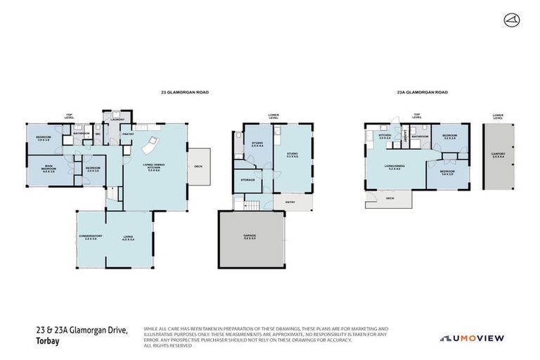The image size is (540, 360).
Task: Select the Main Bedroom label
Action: pyautogui.click(x=48, y=169)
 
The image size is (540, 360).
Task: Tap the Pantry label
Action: pyautogui.click(x=128, y=134)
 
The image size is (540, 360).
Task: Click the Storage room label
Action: pyautogui.click(x=247, y=179)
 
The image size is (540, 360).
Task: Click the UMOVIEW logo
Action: pyautogui.click(x=472, y=338)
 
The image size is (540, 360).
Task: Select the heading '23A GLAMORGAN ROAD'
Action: pyautogui.click(x=422, y=92)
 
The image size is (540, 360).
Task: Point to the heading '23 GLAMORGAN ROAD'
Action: pyautogui.click(x=185, y=92)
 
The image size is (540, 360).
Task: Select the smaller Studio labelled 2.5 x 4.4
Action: pyautogui.click(x=257, y=146)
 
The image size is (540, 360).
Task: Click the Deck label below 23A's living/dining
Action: pyautogui.click(x=390, y=199)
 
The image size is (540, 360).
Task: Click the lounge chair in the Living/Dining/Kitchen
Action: pyautogui.click(x=150, y=148)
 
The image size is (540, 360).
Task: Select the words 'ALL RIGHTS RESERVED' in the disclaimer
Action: pyautogui.click(x=168, y=345)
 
